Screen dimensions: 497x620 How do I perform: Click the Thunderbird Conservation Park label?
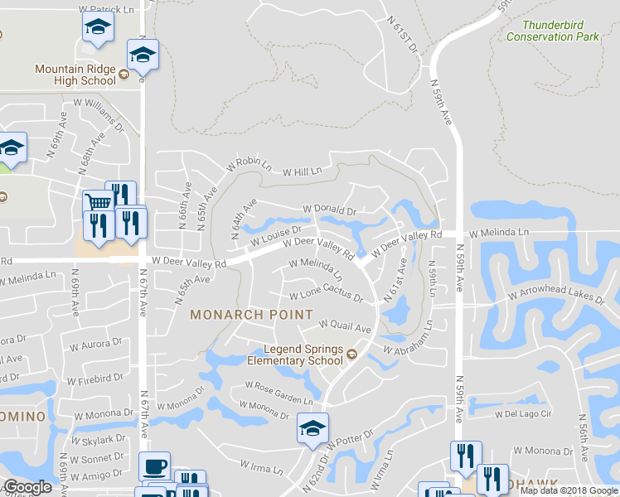coord(552,31)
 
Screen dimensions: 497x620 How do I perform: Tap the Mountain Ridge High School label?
coord(75,75)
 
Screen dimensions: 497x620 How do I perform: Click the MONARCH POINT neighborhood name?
coord(251,315)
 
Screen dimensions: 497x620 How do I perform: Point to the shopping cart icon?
coord(99,201)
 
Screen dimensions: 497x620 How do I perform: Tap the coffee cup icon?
coord(154,466)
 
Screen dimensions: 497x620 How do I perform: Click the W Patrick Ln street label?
coord(106,8)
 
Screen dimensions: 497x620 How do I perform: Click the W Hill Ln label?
coord(302,172)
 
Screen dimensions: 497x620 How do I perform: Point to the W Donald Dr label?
coord(329,210)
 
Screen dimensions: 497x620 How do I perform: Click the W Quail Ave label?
coord(345,326)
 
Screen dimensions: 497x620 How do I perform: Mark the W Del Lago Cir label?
coord(523,413)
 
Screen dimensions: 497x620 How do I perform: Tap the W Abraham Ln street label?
coord(409,347)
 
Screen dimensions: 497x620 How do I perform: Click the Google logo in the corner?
coord(27,487)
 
